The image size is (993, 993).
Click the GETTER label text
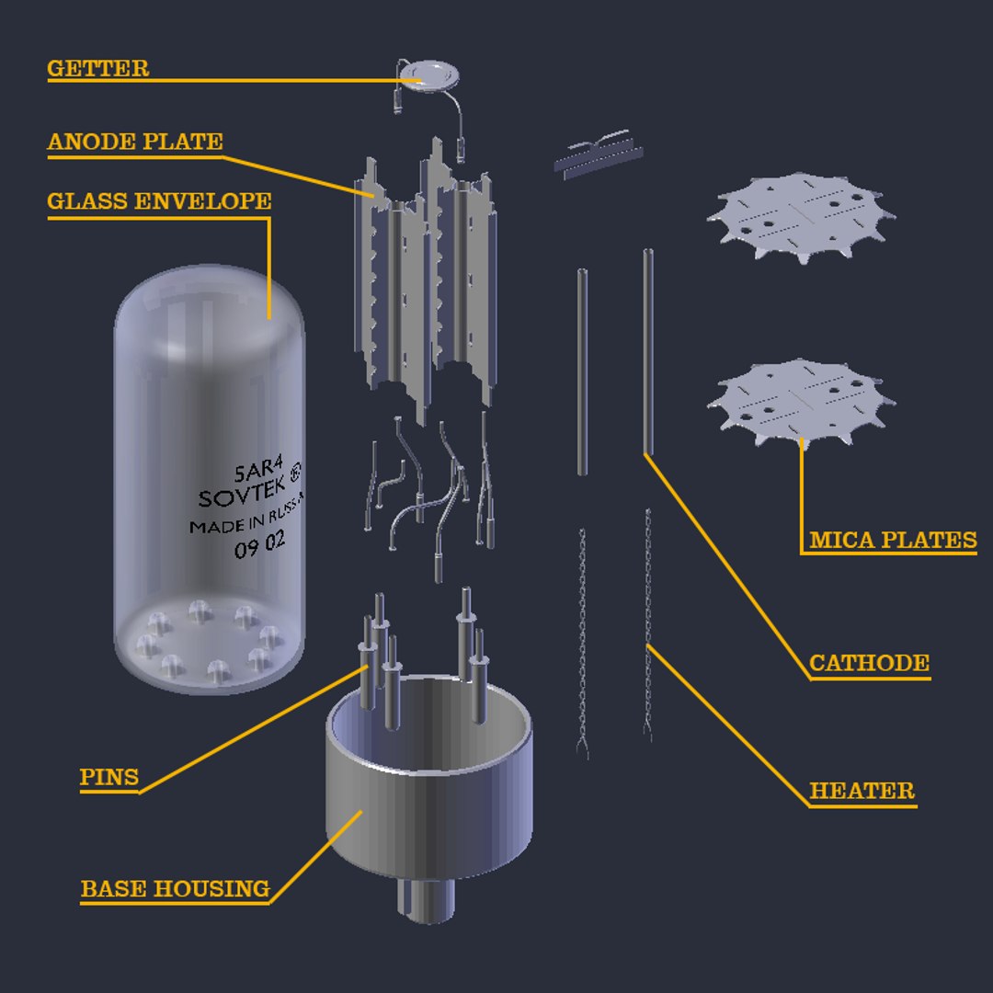click(x=97, y=69)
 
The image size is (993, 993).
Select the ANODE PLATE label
click(x=135, y=142)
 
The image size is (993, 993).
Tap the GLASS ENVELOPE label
click(x=159, y=201)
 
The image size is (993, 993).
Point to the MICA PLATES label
click(x=893, y=540)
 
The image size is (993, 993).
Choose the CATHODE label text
click(x=869, y=663)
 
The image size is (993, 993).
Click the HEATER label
click(x=862, y=791)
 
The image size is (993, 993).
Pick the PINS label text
click(x=108, y=777)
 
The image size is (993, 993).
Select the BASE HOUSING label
click(x=175, y=889)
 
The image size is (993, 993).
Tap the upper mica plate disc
click(x=800, y=216)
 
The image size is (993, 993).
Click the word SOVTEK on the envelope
click(x=241, y=497)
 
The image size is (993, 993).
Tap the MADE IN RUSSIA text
click(x=245, y=523)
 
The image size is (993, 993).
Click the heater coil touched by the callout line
click(x=647, y=625)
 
